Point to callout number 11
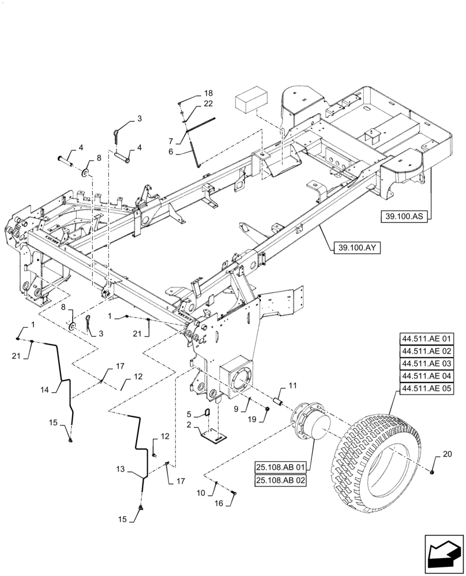pos(293,385)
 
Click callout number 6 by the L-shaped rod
pos(171,151)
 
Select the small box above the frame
pos(251,102)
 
